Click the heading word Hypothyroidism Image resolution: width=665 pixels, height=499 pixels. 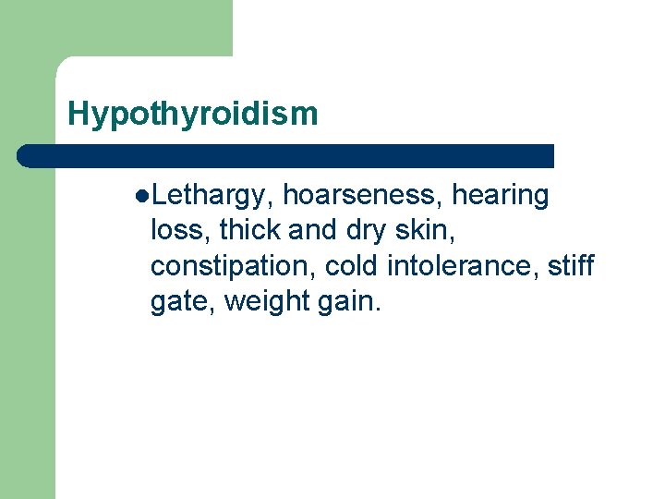(x=192, y=114)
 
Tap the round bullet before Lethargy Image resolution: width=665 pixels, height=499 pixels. (x=140, y=196)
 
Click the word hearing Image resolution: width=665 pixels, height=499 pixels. (x=500, y=196)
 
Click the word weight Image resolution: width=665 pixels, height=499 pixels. (x=264, y=301)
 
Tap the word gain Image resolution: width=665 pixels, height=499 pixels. (x=347, y=301)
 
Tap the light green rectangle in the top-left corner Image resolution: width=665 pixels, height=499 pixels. (x=115, y=28)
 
